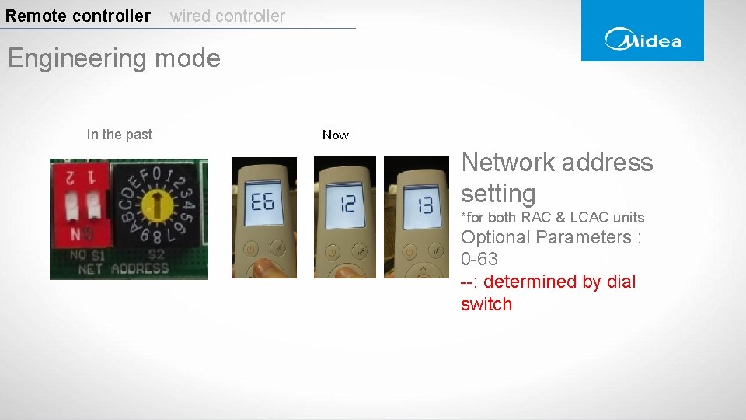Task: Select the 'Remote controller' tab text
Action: coord(78,16)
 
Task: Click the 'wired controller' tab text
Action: coord(228,16)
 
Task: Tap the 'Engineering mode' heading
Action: coord(113,58)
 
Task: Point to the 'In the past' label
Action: coord(119,135)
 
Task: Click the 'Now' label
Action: coord(336,135)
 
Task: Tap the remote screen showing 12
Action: coord(346,204)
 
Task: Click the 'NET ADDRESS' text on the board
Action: coord(124,269)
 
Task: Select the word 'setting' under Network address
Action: coord(498,194)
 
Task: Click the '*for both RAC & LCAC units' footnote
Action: coord(553,218)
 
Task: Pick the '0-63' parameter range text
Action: coord(479,259)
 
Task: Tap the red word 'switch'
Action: coord(486,304)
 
